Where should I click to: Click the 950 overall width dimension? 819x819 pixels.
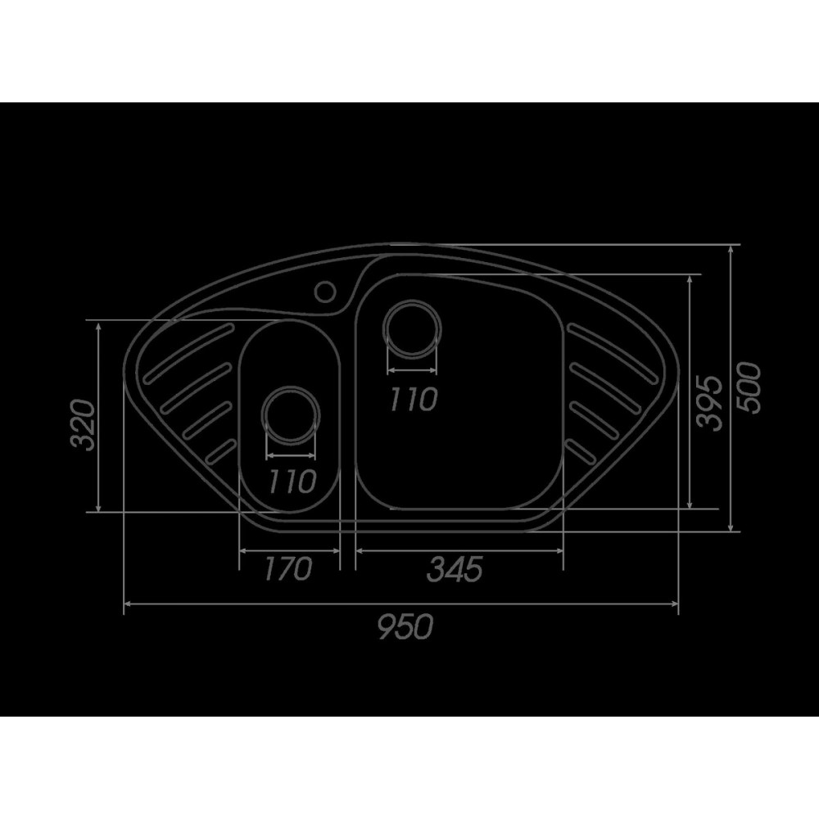click(406, 627)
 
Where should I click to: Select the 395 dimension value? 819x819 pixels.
click(710, 402)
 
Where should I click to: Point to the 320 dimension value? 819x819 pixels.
click(84, 424)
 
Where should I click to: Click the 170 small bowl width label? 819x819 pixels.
click(288, 568)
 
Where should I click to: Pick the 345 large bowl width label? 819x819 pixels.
click(455, 569)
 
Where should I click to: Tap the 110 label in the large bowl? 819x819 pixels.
click(413, 399)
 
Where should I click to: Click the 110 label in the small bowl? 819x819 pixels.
click(292, 481)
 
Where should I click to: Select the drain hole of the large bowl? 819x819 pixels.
click(412, 329)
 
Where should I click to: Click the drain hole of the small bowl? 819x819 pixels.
click(291, 416)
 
